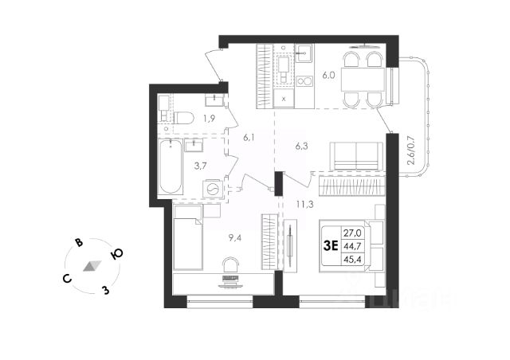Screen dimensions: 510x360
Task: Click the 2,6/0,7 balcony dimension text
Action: coord(411,151)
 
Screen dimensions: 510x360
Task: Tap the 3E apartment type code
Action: coord(328,245)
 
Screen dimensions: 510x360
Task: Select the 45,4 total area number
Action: coord(351,259)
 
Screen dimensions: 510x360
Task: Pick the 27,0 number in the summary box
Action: coord(351,233)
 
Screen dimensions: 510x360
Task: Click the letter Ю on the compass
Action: coord(116,254)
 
